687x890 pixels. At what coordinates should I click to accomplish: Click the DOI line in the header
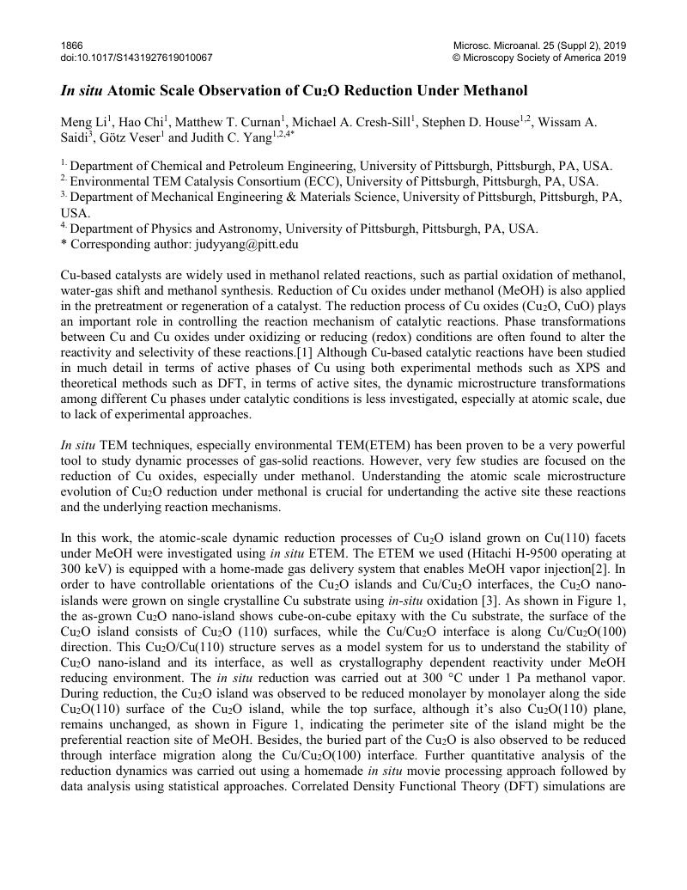137,58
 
